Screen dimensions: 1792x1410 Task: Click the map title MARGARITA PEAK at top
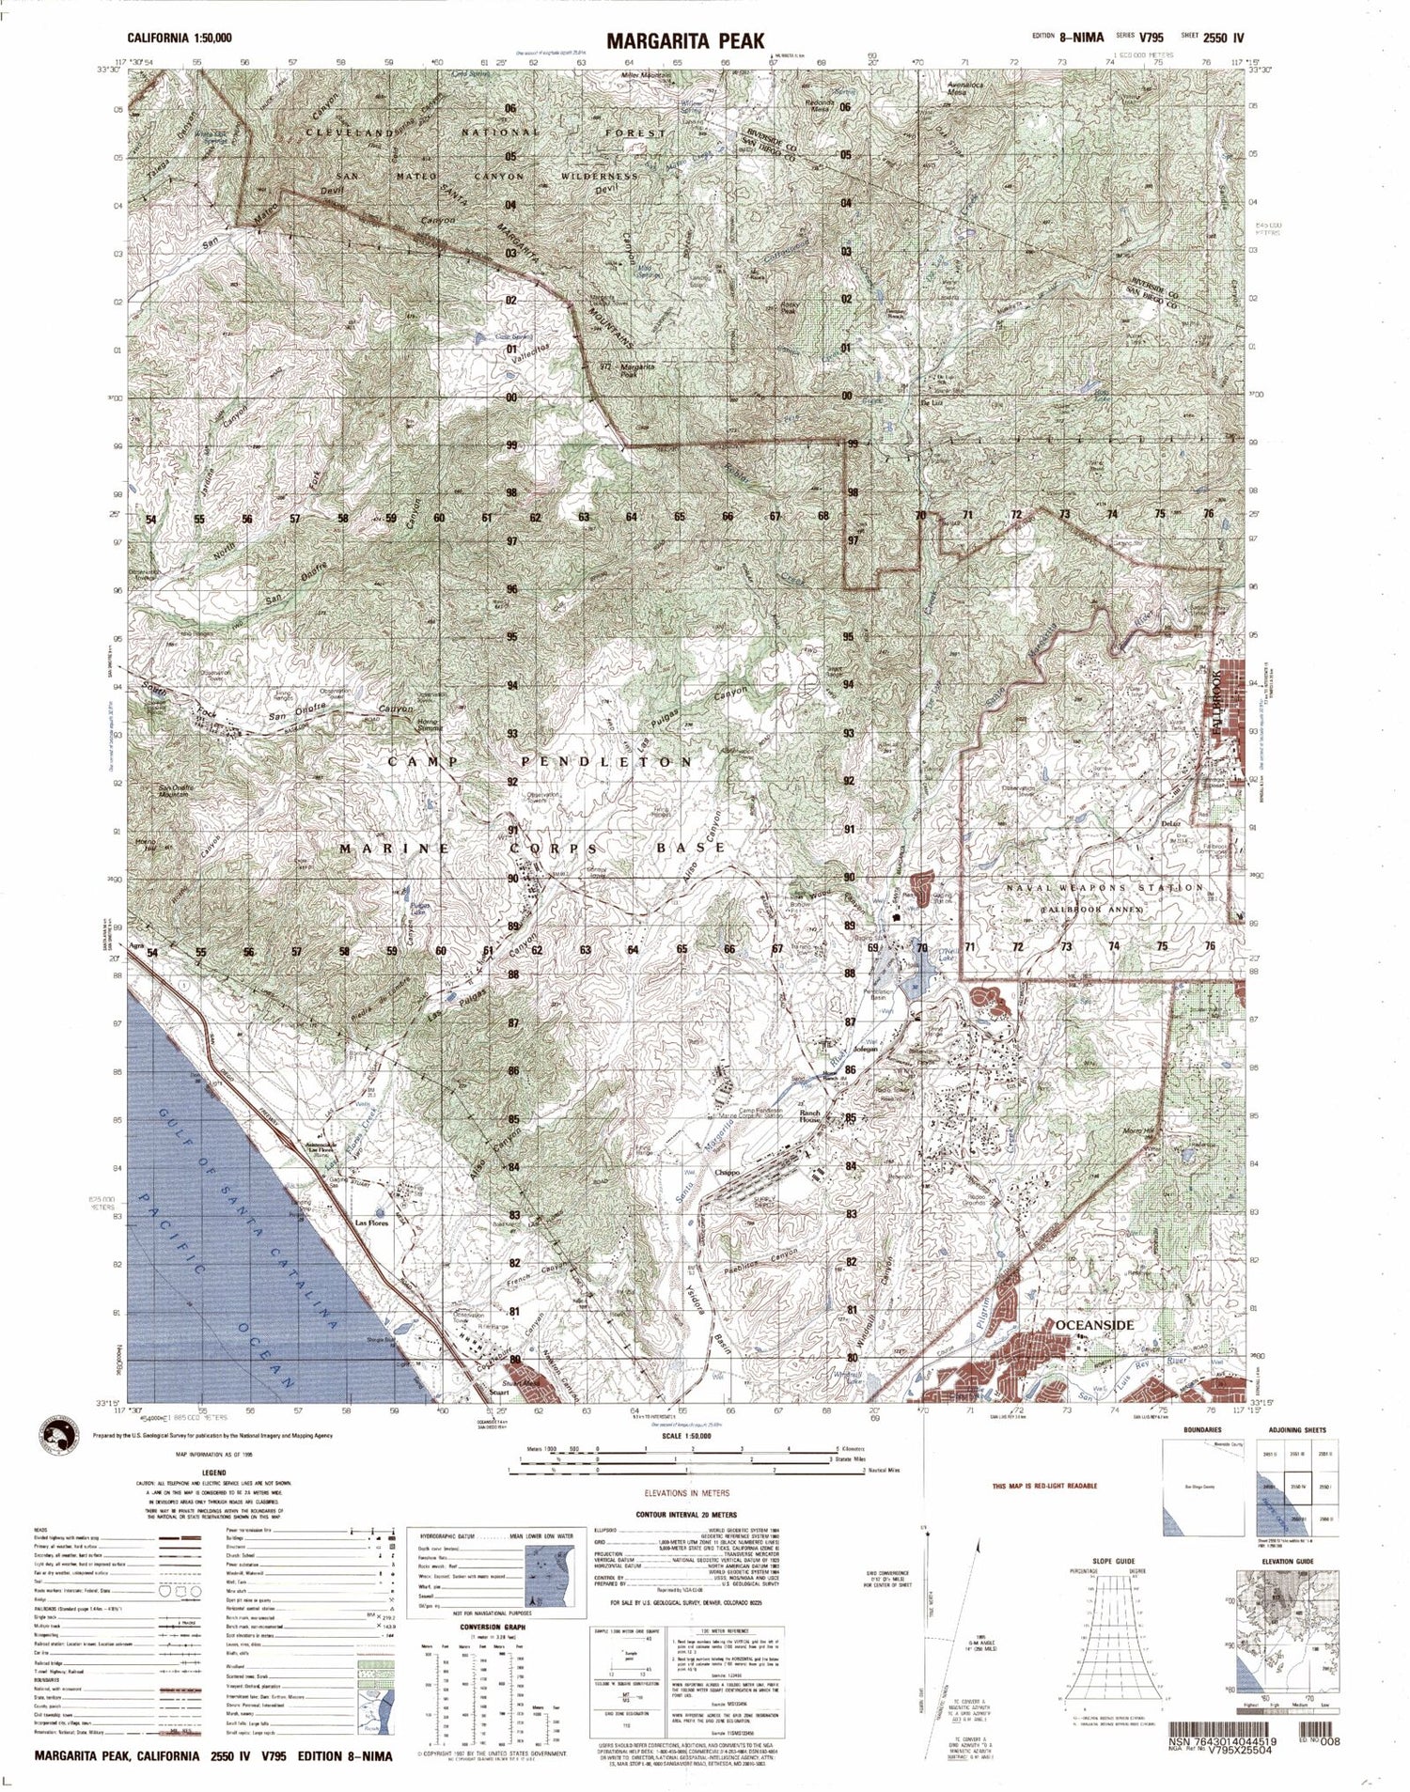(x=684, y=40)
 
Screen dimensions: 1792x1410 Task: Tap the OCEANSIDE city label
(x=1094, y=1325)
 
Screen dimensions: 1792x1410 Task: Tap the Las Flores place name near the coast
(x=370, y=1223)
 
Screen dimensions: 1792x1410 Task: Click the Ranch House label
(x=810, y=1116)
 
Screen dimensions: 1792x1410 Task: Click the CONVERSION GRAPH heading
(x=492, y=1627)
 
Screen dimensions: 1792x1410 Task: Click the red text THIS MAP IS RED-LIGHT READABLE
(x=1044, y=1487)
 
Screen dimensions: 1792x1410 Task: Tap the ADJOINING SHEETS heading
(x=1296, y=1430)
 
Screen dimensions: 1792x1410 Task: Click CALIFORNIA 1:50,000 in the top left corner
(x=180, y=39)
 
